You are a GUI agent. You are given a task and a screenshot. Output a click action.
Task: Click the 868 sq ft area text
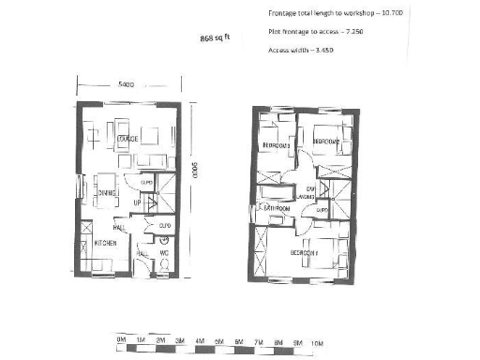coord(215,38)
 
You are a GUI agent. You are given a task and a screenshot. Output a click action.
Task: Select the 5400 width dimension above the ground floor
coord(127,84)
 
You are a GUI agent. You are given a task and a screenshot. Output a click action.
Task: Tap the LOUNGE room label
coord(127,140)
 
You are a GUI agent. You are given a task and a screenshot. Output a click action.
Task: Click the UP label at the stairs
coord(137,202)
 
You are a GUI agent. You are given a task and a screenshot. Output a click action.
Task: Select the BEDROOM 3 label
coord(276,145)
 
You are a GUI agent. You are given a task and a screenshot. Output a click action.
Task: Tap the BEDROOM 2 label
coord(326,141)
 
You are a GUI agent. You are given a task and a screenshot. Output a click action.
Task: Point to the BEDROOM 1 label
coord(304,253)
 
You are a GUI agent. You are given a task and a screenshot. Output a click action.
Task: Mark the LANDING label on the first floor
coord(310,193)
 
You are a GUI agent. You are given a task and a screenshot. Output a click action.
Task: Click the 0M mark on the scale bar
coord(121,338)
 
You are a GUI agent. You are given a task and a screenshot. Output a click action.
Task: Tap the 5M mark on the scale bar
coord(219,338)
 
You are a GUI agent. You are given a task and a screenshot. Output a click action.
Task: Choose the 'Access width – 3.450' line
coord(302,49)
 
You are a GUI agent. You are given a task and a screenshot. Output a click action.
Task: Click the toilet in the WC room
coord(166,266)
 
